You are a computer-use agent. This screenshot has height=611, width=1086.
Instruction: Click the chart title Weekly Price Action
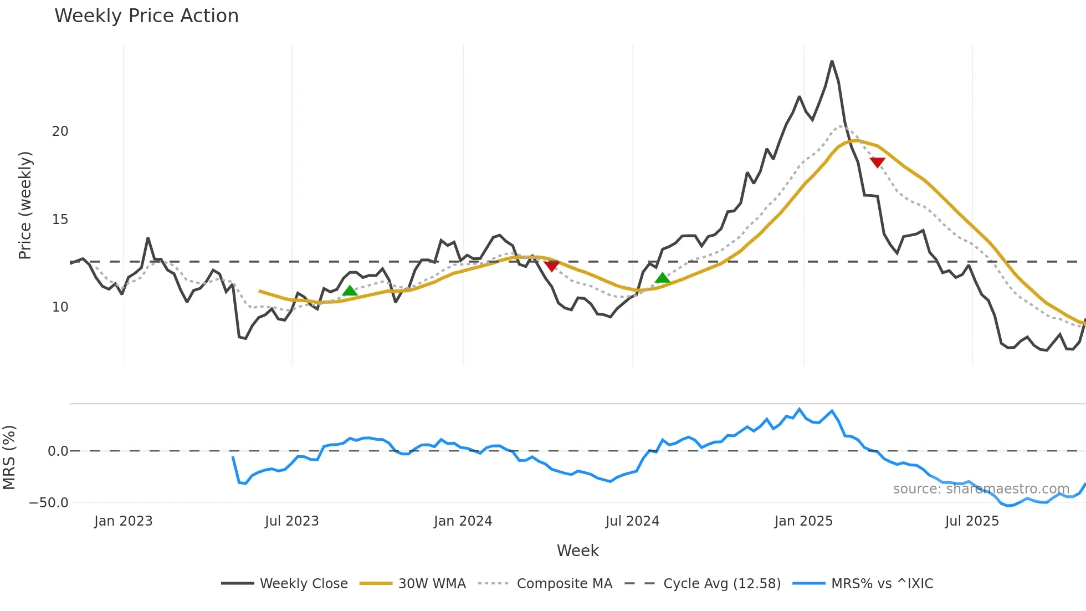point(146,16)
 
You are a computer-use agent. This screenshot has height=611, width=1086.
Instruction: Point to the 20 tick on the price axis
point(60,131)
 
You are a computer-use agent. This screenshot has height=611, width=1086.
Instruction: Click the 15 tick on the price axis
point(60,220)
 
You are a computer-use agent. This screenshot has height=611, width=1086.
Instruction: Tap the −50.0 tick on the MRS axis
point(49,503)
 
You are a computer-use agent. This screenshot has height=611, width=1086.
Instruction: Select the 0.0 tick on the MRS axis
point(58,451)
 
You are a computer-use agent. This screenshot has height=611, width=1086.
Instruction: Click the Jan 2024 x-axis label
point(463,521)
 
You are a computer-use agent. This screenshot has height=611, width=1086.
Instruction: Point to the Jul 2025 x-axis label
point(972,521)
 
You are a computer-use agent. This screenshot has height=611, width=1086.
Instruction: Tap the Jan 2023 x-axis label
point(123,521)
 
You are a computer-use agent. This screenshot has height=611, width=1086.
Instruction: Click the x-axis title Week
point(577,551)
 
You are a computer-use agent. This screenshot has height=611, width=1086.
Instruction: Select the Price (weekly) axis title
point(25,205)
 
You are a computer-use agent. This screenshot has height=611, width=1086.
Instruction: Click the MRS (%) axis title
point(9,457)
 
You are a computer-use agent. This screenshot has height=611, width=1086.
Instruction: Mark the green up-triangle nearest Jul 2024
point(662,278)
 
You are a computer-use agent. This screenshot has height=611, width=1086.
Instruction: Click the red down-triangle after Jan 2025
point(877,162)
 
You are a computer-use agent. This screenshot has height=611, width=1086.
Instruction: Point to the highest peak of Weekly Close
point(832,61)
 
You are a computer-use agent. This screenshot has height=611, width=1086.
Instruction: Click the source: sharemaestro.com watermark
point(981,489)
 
